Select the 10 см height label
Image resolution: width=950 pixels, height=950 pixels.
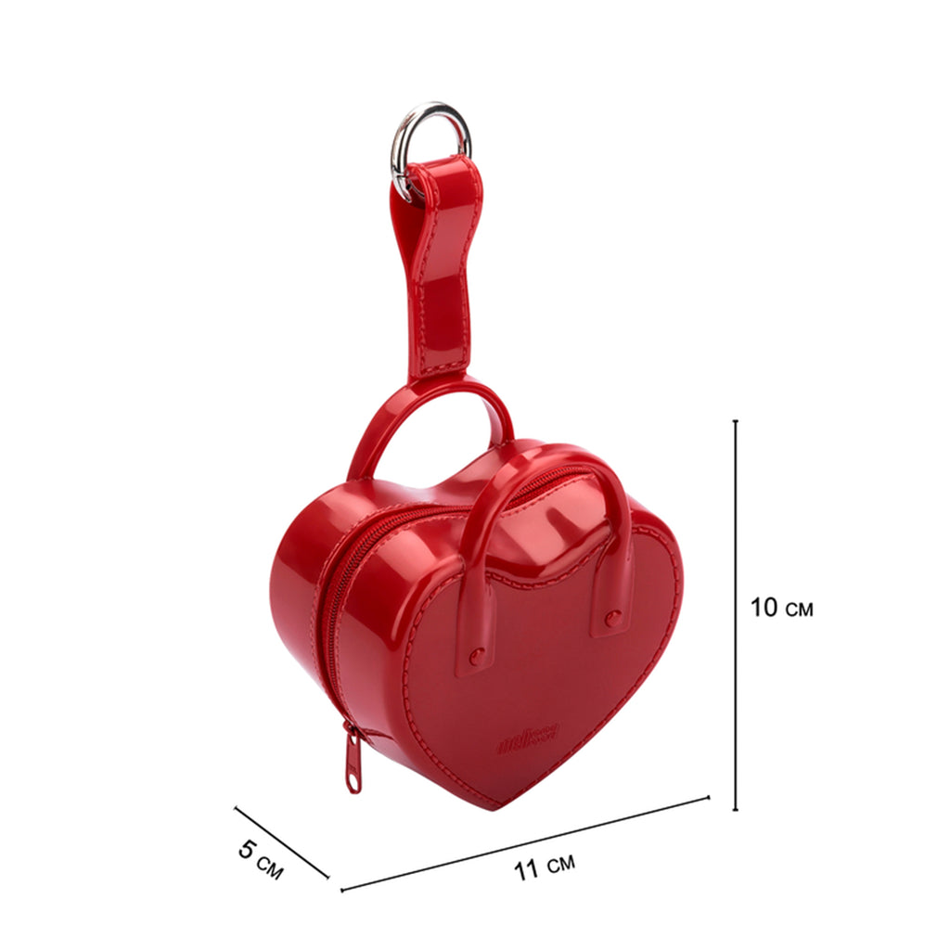781,607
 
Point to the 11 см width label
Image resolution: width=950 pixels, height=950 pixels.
545,866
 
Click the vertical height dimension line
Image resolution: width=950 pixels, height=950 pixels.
736,614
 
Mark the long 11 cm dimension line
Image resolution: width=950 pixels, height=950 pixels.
525,843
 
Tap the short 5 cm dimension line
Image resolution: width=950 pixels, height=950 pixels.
282,842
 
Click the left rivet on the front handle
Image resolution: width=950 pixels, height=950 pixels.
478,655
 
